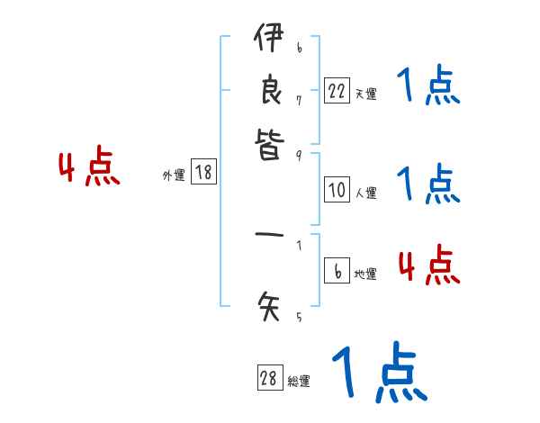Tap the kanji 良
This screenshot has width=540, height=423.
coord(268,94)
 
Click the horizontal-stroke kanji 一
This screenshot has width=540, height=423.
coord(268,238)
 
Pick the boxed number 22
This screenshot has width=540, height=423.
coord(337,91)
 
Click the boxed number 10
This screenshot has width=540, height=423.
coord(337,190)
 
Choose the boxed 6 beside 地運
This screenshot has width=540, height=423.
coord(337,272)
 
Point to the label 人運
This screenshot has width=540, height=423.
coord(365,193)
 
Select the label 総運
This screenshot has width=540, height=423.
coord(298,382)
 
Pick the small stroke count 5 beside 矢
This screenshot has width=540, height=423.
coord(298,317)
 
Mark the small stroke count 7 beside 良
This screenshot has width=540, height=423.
coord(298,99)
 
